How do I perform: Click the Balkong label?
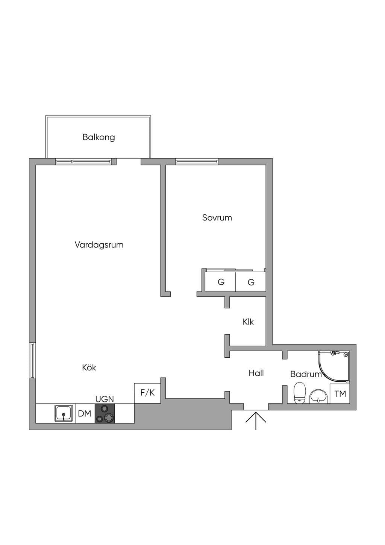click(99, 137)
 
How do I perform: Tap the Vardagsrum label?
click(99, 244)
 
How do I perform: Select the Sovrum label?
click(217, 217)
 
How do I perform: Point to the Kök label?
click(89, 367)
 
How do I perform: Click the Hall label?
click(256, 373)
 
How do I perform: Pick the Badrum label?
click(306, 374)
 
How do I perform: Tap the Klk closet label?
click(248, 322)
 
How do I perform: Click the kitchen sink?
click(64, 413)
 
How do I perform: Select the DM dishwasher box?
click(85, 413)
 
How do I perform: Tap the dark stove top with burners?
click(105, 413)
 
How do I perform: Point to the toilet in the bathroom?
click(299, 393)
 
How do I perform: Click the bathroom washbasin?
click(319, 396)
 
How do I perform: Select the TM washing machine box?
click(340, 393)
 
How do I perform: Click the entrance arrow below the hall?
click(256, 420)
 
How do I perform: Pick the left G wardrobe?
click(220, 281)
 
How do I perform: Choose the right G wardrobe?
click(250, 281)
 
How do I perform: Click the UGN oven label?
click(105, 399)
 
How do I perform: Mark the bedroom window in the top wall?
click(197, 162)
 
